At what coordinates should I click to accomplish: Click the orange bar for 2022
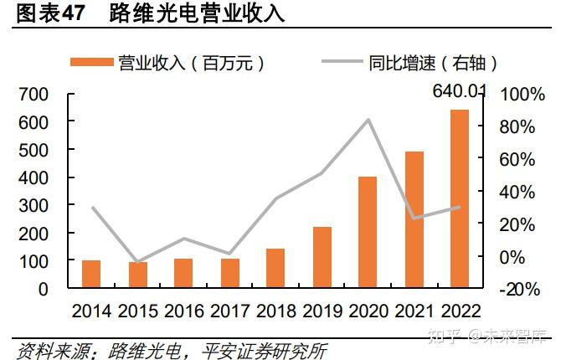tap(460, 199)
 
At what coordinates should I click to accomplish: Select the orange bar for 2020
tap(368, 233)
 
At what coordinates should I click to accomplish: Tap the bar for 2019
tap(322, 258)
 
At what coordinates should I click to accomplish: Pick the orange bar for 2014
tap(91, 275)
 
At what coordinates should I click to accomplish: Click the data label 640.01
tap(459, 90)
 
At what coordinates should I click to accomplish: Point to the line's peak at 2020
tap(368, 120)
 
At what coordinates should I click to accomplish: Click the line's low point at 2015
tap(137, 262)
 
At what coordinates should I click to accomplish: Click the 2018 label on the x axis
tap(275, 311)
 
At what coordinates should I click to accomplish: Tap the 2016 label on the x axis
tap(183, 311)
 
